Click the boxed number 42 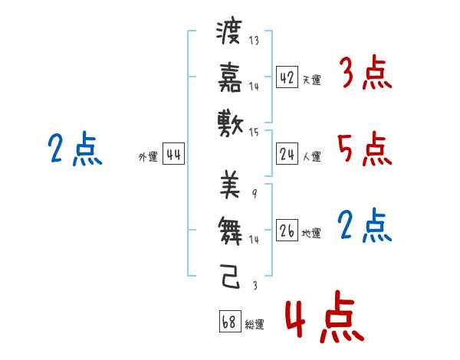[287, 78]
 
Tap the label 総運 [255, 325]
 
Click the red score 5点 [364, 149]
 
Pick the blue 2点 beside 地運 [364, 226]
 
